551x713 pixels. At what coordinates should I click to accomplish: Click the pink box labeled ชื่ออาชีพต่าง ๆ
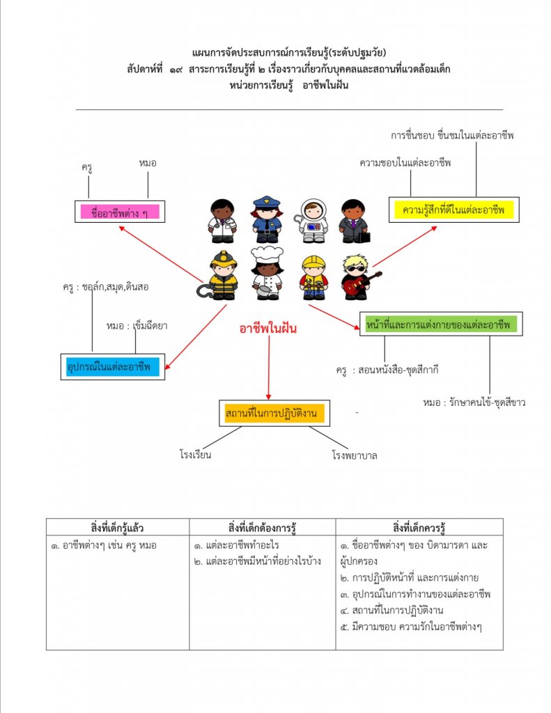(x=120, y=212)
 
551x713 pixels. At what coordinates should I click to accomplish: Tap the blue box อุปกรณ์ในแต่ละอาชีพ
(x=112, y=366)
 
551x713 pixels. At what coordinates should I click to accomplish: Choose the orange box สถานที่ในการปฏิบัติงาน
(x=271, y=414)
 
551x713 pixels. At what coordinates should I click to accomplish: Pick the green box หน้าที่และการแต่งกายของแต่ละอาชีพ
(x=440, y=324)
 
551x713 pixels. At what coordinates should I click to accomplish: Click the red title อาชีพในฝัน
(x=268, y=329)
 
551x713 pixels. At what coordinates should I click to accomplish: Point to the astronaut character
(x=313, y=221)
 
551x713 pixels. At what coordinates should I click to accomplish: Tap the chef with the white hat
(x=267, y=272)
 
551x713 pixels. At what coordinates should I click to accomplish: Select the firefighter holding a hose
(x=222, y=276)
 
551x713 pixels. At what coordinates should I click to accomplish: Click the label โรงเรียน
(x=195, y=455)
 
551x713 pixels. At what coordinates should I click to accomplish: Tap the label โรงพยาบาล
(x=355, y=456)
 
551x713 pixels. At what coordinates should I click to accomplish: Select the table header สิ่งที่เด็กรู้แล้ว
(x=118, y=526)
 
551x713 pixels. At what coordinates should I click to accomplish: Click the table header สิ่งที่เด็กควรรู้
(x=419, y=526)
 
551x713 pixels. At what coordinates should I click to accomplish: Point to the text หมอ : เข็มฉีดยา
(x=137, y=325)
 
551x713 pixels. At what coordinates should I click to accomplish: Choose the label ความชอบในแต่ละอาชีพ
(x=405, y=163)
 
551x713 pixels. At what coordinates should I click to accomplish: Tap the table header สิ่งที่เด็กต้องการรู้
(x=262, y=526)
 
